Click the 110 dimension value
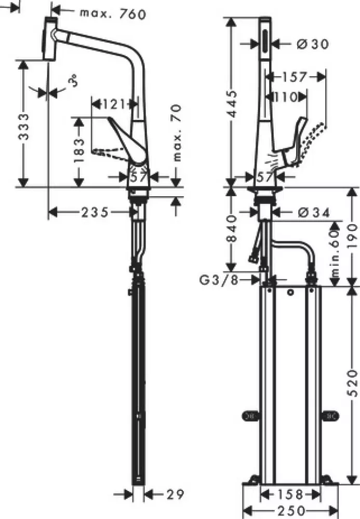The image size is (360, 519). (x=285, y=97)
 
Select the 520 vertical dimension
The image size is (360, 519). (x=353, y=383)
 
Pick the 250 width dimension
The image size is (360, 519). (x=290, y=511)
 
